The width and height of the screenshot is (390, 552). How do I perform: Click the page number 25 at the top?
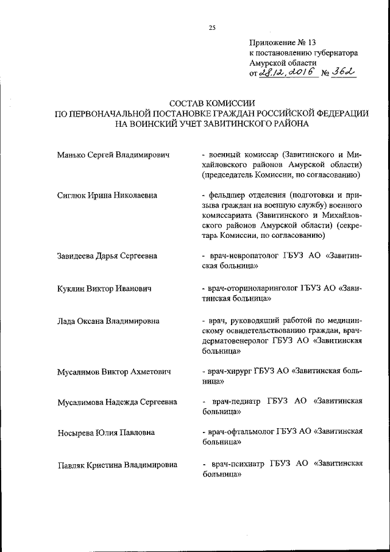click(x=211, y=27)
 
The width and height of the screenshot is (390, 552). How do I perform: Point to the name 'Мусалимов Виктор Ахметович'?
click(x=113, y=371)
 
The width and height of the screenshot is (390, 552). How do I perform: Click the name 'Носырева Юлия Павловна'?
click(x=105, y=432)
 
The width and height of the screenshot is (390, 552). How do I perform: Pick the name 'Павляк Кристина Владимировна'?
click(x=117, y=465)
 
